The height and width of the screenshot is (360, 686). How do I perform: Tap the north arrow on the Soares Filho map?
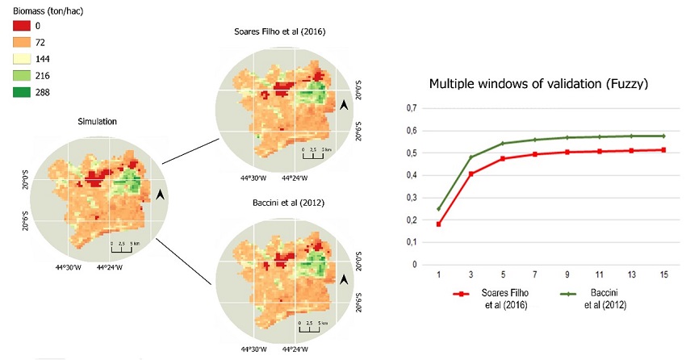[345, 106]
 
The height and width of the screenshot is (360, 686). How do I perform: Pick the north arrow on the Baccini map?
[345, 278]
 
